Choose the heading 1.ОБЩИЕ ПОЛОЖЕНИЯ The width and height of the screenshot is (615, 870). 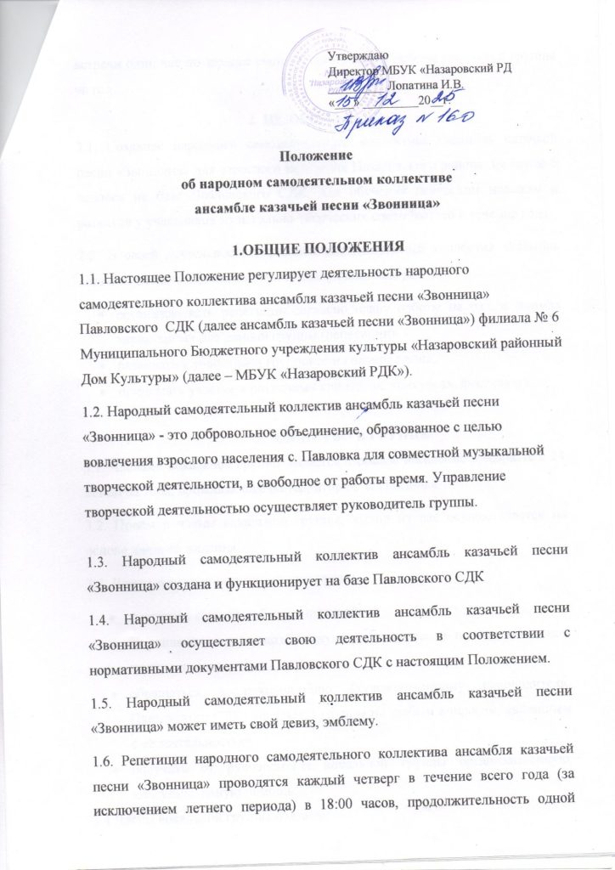pos(307,247)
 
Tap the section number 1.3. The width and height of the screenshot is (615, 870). pos(103,540)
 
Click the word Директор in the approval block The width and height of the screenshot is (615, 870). pos(353,71)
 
